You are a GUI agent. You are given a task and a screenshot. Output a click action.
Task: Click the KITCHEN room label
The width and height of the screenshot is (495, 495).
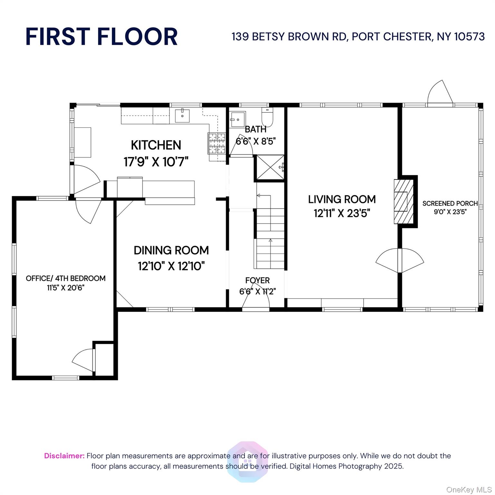156,145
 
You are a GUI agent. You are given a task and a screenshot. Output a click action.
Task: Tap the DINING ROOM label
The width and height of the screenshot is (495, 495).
171,250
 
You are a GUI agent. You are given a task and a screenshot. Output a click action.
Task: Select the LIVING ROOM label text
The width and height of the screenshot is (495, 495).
342,199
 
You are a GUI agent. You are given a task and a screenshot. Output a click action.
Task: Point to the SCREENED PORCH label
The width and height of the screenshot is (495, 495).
450,203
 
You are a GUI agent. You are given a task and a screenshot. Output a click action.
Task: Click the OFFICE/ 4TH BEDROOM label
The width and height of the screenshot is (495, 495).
66,278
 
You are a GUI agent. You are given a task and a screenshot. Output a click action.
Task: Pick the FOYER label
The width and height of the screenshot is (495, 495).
257,280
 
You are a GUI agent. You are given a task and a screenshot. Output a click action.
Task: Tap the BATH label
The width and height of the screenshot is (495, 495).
256,129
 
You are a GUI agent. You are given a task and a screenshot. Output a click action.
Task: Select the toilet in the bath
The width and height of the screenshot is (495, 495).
267,118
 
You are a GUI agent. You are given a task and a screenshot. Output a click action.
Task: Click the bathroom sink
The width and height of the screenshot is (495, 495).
238,119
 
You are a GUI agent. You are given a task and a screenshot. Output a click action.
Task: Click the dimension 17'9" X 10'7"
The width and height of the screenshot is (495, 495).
156,161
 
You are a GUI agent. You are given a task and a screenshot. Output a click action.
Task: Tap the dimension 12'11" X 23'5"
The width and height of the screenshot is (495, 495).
342,213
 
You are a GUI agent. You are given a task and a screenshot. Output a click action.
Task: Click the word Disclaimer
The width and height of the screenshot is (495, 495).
64,456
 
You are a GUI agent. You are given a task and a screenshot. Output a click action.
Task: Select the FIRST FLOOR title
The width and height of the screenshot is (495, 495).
102,36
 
